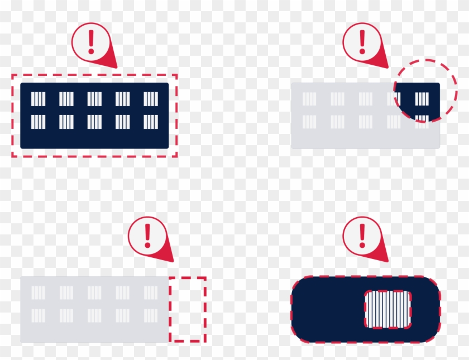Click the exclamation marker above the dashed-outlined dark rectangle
(92, 42)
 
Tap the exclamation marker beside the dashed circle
(362, 42)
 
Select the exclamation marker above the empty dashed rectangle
(147, 236)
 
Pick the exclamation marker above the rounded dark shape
(362, 236)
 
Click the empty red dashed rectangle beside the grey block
(188, 309)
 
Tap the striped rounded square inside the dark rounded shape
(387, 309)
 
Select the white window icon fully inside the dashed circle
(422, 99)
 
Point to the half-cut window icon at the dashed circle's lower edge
(422, 119)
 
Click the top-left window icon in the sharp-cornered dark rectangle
(38, 99)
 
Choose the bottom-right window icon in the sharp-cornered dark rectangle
(151, 122)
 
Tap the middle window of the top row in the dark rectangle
(94, 99)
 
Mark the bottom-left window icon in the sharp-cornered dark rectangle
(38, 122)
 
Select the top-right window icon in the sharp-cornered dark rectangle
(151, 99)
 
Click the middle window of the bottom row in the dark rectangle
(94, 122)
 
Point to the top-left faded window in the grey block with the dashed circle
(309, 99)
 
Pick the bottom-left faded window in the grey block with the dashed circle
(309, 122)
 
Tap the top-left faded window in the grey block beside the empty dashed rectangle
(38, 292)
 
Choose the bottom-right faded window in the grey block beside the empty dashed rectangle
(151, 315)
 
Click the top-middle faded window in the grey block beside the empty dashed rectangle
(94, 292)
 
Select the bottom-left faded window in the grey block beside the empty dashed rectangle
(38, 315)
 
